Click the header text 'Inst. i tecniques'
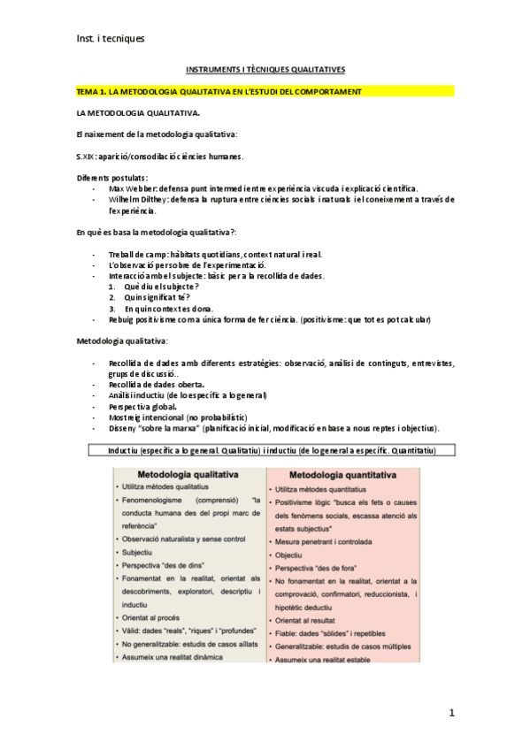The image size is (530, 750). pyautogui.click(x=110, y=39)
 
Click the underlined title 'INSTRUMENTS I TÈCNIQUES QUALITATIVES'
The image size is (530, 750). pyautogui.click(x=265, y=68)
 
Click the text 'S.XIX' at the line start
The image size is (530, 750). pyautogui.click(x=87, y=156)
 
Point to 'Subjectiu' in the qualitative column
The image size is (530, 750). pyautogui.click(x=138, y=552)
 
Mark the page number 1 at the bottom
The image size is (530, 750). pyautogui.click(x=451, y=712)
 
